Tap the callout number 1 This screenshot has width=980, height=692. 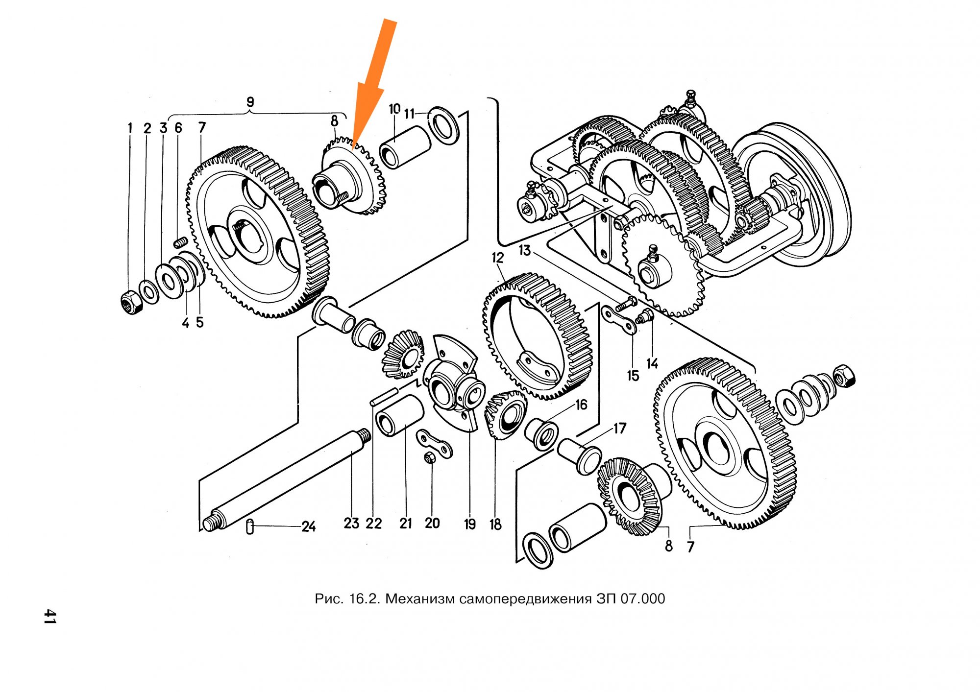click(130, 128)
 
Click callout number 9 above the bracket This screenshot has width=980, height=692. click(250, 102)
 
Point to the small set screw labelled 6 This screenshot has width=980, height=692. click(181, 242)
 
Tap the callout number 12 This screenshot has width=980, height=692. click(497, 258)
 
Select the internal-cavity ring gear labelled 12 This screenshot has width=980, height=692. click(538, 336)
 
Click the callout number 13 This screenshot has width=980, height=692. click(525, 250)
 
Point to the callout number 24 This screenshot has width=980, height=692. click(308, 527)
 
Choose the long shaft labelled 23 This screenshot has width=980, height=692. click(286, 480)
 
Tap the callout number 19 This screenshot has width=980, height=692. click(470, 524)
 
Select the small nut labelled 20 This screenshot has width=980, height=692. click(429, 458)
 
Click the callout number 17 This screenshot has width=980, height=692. click(620, 429)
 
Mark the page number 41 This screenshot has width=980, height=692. click(50, 616)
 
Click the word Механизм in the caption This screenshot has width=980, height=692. click(420, 598)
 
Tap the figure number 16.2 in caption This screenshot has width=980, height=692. click(365, 598)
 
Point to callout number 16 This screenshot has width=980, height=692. click(581, 405)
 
